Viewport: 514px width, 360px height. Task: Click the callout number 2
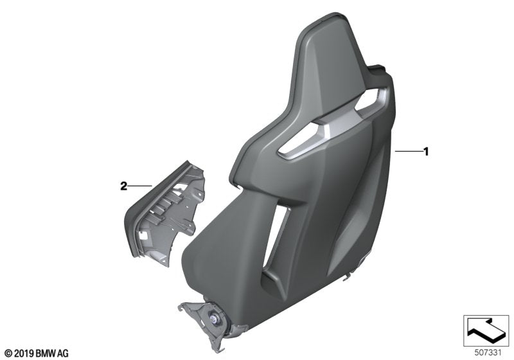[x=123, y=186]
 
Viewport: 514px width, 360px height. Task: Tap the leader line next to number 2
[x=140, y=186]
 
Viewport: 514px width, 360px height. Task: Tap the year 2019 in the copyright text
[x=22, y=353]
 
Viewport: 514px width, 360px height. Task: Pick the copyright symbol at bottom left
[x=8, y=353]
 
